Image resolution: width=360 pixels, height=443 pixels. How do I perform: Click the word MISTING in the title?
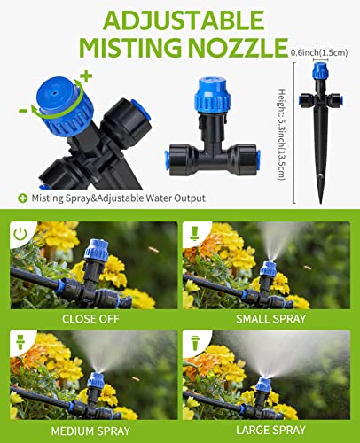pyautogui.click(x=126, y=47)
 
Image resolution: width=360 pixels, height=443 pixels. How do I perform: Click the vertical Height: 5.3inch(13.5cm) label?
pyautogui.click(x=283, y=124)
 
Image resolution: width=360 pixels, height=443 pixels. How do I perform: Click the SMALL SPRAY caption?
pyautogui.click(x=270, y=318)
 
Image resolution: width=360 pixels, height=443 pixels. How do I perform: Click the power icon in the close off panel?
pyautogui.click(x=20, y=232)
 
